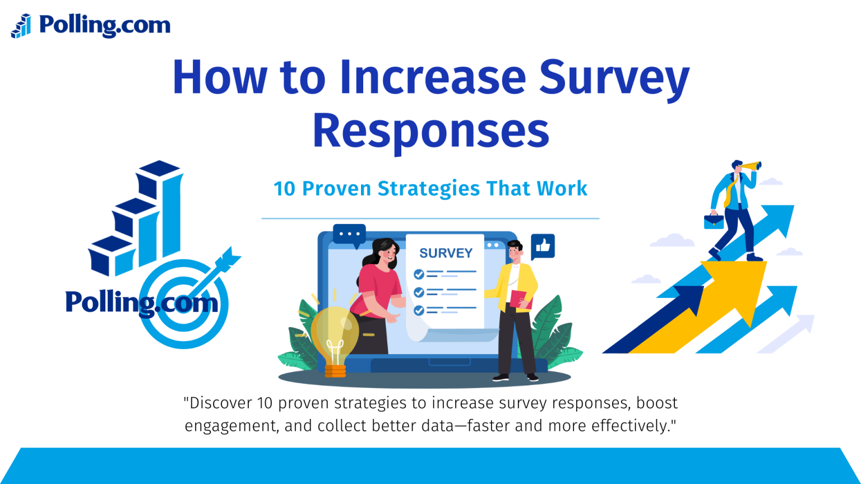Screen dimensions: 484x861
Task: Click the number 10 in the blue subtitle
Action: pos(284,189)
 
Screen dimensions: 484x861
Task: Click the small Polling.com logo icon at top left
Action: pos(21,26)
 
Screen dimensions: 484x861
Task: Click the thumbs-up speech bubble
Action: pos(543,246)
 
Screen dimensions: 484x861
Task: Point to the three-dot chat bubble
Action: pos(349,234)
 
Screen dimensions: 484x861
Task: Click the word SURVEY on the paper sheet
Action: pos(446,253)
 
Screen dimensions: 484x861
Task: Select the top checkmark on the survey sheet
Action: pos(419,274)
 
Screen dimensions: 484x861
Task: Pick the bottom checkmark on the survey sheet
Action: pos(419,310)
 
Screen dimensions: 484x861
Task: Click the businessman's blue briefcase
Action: pos(714,221)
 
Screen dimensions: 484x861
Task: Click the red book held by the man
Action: pos(520,300)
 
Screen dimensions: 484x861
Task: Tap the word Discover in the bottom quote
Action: pos(220,403)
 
